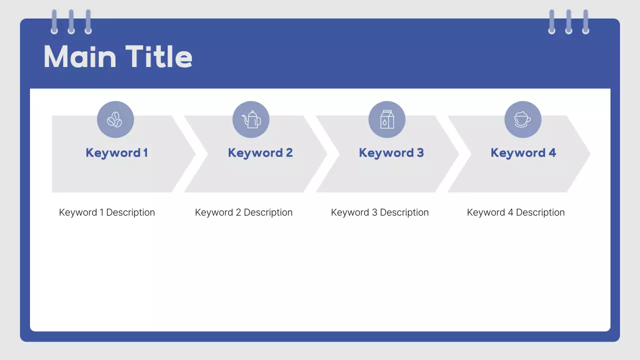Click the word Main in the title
click(80, 56)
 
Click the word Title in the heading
click(158, 56)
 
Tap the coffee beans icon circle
click(115, 119)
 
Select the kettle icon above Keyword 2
click(251, 119)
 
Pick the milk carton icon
click(387, 119)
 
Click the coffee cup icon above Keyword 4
click(523, 119)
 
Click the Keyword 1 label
click(116, 153)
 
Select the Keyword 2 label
click(260, 153)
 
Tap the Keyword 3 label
click(391, 153)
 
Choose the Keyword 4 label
click(523, 153)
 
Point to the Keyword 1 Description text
click(107, 212)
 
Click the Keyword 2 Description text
click(243, 212)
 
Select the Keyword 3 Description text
click(379, 212)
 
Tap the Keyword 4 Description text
click(515, 212)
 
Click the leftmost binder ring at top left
click(54, 22)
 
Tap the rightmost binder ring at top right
click(585, 22)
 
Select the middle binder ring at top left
click(71, 22)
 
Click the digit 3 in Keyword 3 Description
click(374, 212)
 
